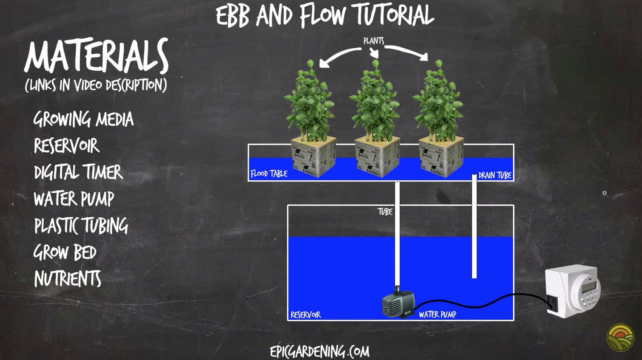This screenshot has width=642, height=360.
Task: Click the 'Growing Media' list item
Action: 83,120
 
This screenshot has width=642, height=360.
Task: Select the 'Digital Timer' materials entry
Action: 78,172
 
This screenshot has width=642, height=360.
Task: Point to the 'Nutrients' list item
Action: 67,279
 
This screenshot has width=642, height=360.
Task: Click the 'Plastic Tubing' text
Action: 81,226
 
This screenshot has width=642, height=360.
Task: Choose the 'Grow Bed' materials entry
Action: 65,252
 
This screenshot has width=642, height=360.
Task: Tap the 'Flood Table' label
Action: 269,174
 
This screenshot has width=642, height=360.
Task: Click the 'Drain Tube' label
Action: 495,176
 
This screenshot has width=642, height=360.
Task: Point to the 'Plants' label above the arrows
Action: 374,41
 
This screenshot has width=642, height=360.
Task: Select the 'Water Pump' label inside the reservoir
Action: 437,314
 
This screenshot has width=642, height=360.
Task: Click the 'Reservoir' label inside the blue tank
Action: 305,315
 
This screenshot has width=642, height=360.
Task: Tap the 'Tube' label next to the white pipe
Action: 385,212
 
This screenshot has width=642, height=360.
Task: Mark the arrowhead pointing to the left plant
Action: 323,64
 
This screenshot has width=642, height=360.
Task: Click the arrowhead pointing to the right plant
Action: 425,57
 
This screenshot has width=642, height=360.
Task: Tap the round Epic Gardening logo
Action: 620,338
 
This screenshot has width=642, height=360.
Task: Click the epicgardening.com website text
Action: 320,351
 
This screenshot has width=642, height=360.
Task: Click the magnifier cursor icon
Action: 604,193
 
